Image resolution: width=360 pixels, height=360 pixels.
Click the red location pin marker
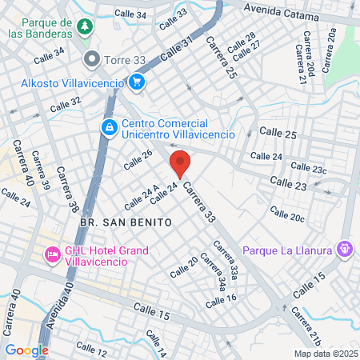[180, 164]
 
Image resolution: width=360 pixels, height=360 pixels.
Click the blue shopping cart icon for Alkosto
[137, 82]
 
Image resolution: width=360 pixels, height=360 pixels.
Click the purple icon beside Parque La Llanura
[346, 250]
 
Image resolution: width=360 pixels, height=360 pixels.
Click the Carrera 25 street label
[221, 57]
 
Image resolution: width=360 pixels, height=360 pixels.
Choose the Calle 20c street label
[286, 214]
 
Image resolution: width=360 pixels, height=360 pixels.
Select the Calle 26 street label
[137, 159]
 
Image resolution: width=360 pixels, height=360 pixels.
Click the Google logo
[26, 350]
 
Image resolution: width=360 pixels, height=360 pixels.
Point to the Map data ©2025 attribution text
[325, 353]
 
